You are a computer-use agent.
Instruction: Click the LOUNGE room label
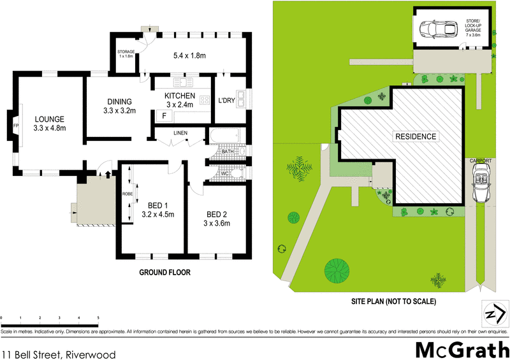pyautogui.click(x=50, y=119)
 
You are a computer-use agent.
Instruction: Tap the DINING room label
pyautogui.click(x=119, y=101)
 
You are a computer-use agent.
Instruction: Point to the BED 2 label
pyautogui.click(x=217, y=213)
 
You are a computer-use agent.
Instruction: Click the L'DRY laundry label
pyautogui.click(x=228, y=101)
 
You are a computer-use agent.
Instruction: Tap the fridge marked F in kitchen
pyautogui.click(x=164, y=116)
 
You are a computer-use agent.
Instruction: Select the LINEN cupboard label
pyautogui.click(x=180, y=133)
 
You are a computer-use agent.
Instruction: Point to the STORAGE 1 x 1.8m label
pyautogui.click(x=126, y=54)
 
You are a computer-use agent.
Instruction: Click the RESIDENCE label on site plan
pyautogui.click(x=416, y=136)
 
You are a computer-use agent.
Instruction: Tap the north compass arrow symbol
pyautogui.click(x=495, y=314)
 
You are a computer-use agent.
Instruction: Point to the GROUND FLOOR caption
pyautogui.click(x=164, y=272)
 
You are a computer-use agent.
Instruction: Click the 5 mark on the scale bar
pyautogui.click(x=98, y=317)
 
